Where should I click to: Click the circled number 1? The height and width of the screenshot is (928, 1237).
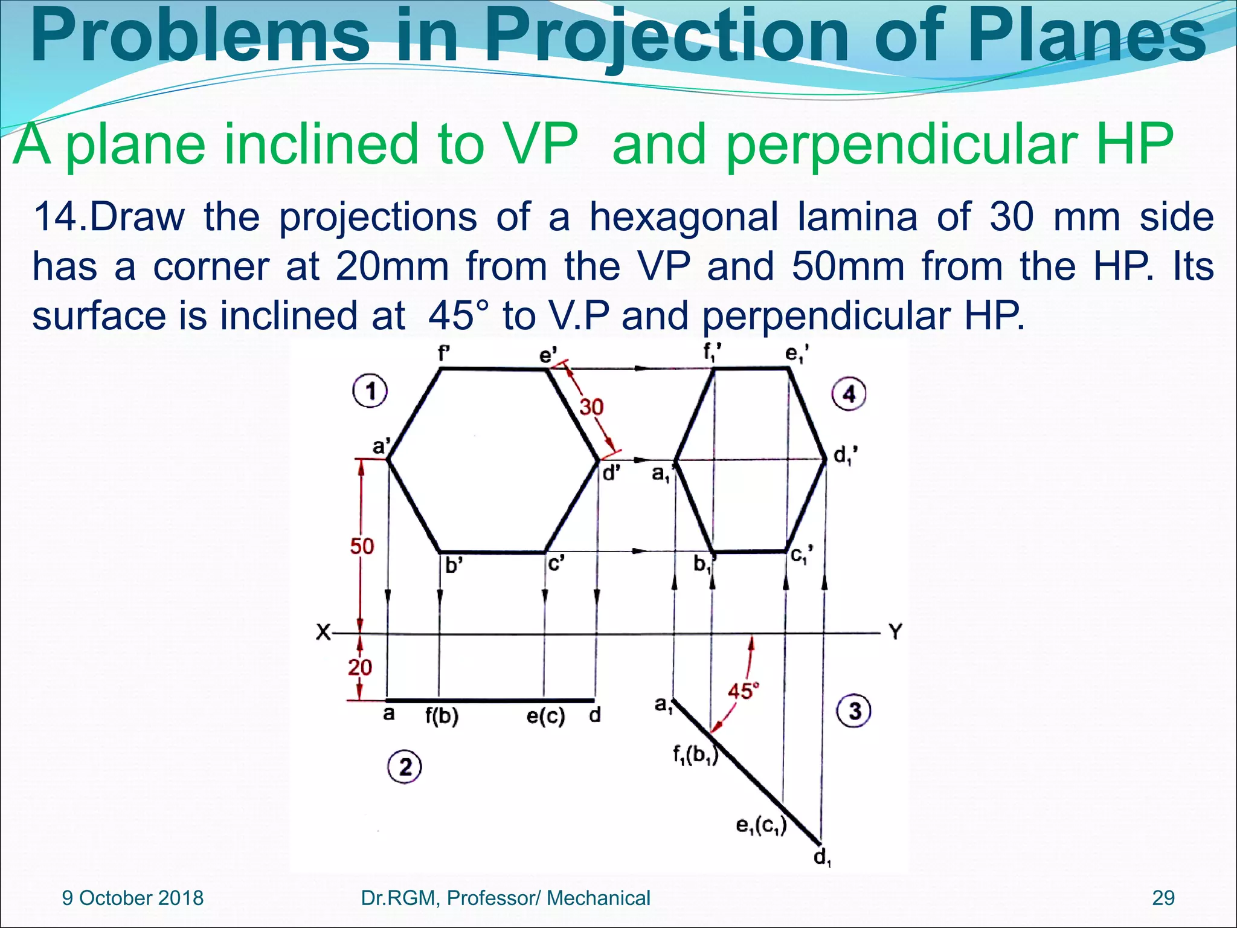(370, 391)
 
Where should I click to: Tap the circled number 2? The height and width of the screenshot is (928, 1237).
(404, 767)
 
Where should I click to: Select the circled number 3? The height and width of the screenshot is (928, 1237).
(853, 710)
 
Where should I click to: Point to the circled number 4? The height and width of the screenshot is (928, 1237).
(849, 394)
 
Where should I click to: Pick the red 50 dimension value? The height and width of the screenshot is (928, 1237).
(362, 546)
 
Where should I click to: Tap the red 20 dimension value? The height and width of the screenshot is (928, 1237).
(360, 667)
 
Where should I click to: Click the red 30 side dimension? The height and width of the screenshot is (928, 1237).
(591, 407)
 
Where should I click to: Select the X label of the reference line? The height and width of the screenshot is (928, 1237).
(324, 633)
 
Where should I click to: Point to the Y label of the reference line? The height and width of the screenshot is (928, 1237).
(895, 632)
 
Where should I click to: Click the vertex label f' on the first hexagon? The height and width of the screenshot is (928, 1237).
(444, 354)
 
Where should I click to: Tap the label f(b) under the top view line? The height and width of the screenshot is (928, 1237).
(442, 716)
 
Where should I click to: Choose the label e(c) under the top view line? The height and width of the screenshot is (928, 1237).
(545, 716)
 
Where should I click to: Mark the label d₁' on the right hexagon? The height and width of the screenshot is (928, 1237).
(845, 456)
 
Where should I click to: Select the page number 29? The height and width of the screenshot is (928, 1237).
(1163, 898)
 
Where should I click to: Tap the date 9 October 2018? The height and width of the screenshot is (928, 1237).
(133, 898)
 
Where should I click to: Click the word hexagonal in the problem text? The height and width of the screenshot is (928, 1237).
(683, 216)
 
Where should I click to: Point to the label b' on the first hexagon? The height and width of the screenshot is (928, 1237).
(453, 566)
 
